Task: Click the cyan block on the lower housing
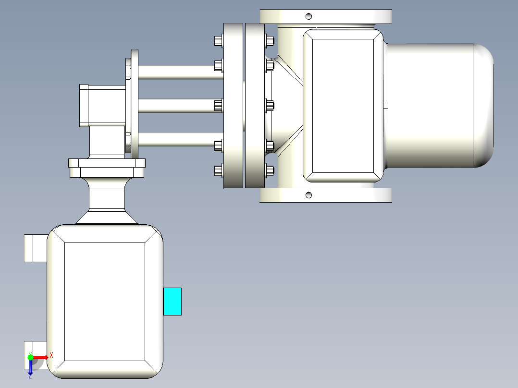173,302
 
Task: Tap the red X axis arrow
41,357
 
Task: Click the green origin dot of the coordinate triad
30,357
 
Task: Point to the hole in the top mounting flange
309,16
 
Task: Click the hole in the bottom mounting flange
309,195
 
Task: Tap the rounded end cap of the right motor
483,105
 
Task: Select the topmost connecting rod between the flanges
180,73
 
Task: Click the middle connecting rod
180,106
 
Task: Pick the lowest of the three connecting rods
180,139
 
